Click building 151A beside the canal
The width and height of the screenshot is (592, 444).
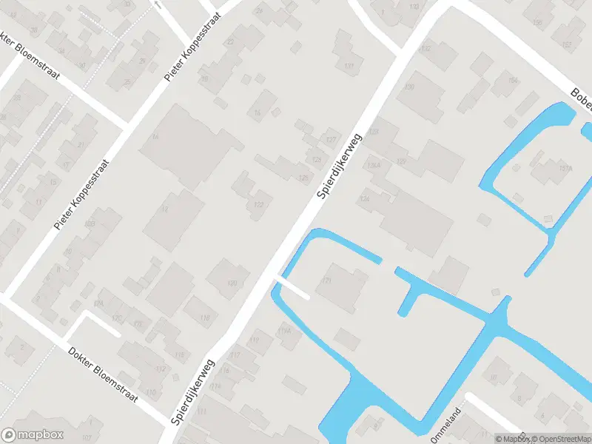click(547, 169)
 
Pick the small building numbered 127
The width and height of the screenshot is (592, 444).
click(330, 139)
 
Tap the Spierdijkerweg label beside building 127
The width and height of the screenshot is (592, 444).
click(337, 166)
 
